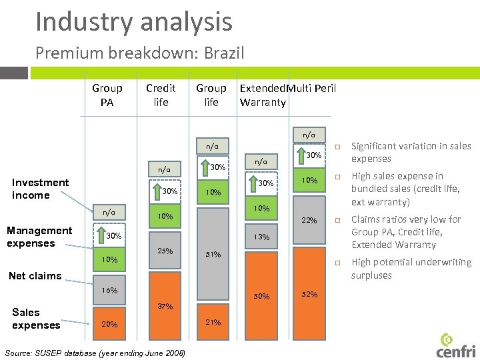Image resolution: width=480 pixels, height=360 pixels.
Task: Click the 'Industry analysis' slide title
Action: click(134, 21)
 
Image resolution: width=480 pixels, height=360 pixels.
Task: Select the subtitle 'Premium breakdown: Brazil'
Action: click(140, 53)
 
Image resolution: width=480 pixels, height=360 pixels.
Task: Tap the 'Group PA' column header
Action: click(107, 95)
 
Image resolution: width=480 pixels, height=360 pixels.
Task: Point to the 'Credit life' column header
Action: click(161, 95)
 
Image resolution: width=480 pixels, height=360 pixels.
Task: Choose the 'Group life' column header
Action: click(211, 95)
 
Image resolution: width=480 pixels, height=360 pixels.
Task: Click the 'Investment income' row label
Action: click(40, 189)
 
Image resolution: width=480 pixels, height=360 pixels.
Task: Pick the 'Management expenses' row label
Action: click(39, 237)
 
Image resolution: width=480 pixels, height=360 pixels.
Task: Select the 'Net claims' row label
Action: click(35, 275)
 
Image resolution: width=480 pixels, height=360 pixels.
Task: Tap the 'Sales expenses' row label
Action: click(36, 319)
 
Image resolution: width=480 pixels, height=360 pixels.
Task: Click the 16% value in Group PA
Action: click(109, 291)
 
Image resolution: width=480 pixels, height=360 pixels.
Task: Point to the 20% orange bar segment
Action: click(109, 324)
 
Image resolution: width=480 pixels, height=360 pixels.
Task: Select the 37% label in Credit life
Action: click(165, 307)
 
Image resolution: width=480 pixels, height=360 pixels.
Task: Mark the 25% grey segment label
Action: click(165, 251)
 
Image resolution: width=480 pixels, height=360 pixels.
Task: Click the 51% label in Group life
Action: click(213, 254)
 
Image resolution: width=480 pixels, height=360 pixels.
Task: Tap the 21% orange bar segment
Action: click(213, 323)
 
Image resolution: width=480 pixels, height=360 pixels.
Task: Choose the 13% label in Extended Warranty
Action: click(261, 237)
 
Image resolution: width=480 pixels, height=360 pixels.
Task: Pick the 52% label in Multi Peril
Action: click(309, 294)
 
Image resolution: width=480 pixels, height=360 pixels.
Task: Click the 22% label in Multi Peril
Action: click(309, 221)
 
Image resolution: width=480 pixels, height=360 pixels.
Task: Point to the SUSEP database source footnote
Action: click(94, 352)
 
